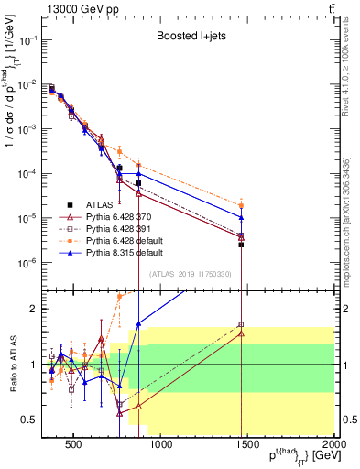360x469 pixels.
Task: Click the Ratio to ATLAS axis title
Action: (x=12, y=364)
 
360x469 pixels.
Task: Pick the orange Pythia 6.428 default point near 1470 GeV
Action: (x=241, y=206)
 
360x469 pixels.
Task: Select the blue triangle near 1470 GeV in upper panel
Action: (x=241, y=218)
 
